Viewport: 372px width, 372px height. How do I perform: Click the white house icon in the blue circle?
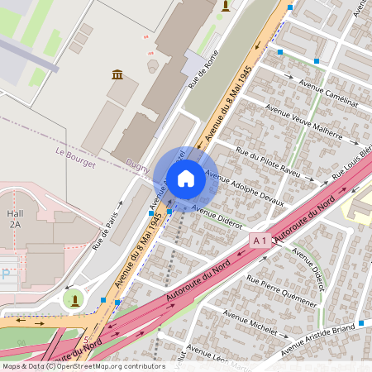click(x=185, y=178)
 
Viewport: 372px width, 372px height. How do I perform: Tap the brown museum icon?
click(x=117, y=75)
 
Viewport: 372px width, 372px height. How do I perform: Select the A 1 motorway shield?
click(x=260, y=240)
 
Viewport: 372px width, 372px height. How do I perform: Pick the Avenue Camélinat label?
click(x=328, y=94)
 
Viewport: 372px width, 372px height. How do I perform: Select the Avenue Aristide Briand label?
click(x=327, y=339)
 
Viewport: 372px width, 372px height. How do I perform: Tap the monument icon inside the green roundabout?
click(x=74, y=298)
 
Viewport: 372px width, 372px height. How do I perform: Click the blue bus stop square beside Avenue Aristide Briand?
click(x=360, y=321)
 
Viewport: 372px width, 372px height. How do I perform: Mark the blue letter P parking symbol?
click(x=6, y=272)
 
